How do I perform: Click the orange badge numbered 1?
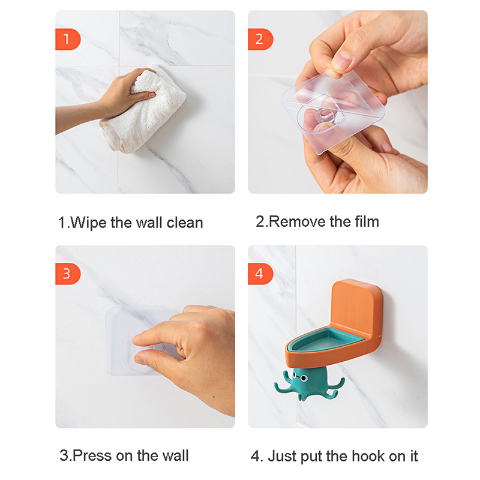coord(68,39)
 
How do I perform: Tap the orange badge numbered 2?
coord(260,39)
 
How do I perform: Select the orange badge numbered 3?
coord(68,274)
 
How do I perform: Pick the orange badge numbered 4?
coord(260,274)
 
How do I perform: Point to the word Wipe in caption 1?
coord(89,223)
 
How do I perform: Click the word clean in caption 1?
coord(185,223)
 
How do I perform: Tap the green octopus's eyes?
coord(301,377)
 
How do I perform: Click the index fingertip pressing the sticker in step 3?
coord(137,338)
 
